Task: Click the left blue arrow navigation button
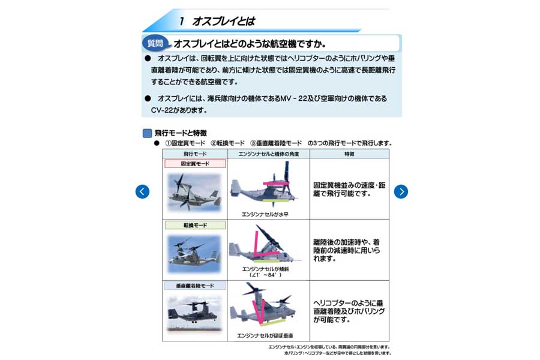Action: click(x=142, y=191)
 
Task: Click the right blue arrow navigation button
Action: click(x=401, y=191)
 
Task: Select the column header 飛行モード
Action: click(x=195, y=154)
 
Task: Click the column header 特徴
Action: click(x=349, y=154)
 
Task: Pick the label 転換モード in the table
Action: click(x=195, y=225)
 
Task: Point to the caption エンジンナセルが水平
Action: click(x=265, y=214)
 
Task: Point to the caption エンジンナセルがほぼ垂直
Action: click(x=265, y=335)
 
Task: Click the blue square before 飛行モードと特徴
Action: click(x=147, y=133)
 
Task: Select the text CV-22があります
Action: click(x=174, y=110)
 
